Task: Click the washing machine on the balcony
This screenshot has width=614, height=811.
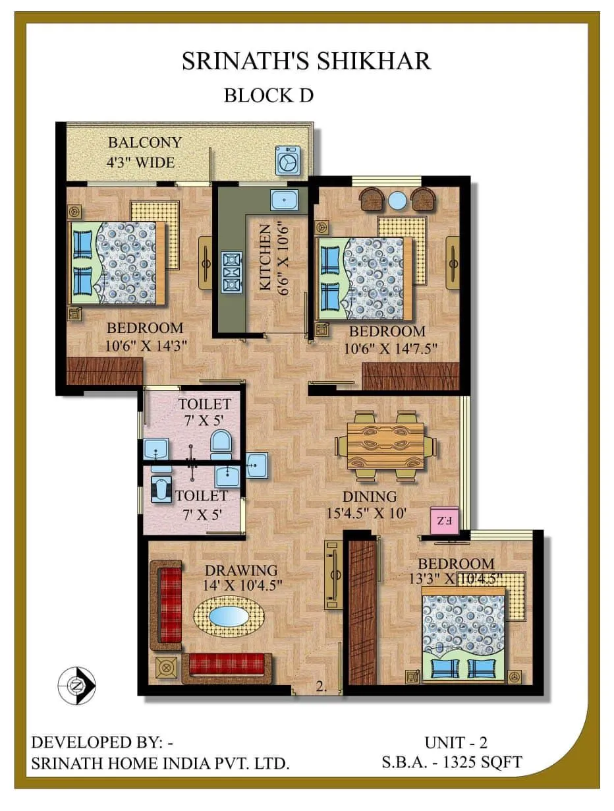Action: click(x=287, y=160)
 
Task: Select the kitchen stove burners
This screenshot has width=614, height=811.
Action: click(x=231, y=271)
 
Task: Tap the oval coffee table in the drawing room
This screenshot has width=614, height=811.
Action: click(x=229, y=617)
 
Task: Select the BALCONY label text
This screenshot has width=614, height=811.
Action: click(x=144, y=142)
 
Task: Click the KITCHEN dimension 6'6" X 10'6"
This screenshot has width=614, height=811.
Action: click(x=285, y=264)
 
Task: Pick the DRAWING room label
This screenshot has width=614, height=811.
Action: click(x=240, y=570)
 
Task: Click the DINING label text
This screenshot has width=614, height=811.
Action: click(x=369, y=496)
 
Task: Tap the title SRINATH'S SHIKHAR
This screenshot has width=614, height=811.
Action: click(x=306, y=61)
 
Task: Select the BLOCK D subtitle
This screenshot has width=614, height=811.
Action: click(x=268, y=95)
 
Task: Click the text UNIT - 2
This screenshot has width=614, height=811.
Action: click(x=455, y=742)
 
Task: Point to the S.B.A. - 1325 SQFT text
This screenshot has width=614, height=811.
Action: click(x=452, y=762)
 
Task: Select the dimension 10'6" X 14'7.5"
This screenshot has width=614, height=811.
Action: click(x=391, y=348)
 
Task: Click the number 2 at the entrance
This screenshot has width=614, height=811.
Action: click(x=321, y=686)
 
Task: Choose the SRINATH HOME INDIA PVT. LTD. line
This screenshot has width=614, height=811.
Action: click(x=161, y=764)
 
